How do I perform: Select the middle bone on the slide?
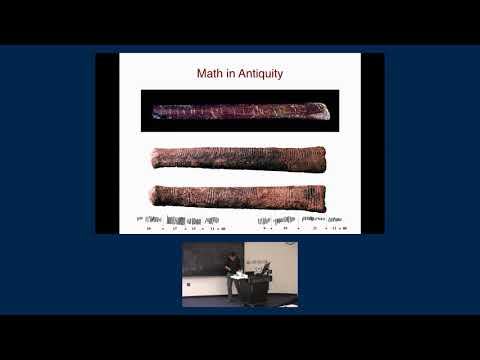(238, 158)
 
